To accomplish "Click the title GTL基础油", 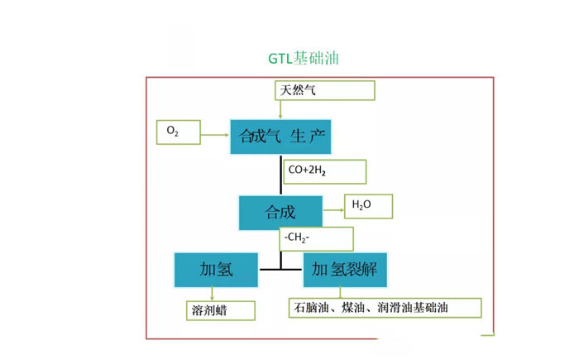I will point(304,59).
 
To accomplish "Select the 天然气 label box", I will point(325,90).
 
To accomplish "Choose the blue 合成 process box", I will point(280,213).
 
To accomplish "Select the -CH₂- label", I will point(317,239).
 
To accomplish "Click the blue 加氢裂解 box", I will point(346,270).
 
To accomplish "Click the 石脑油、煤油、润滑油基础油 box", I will point(385,308).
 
